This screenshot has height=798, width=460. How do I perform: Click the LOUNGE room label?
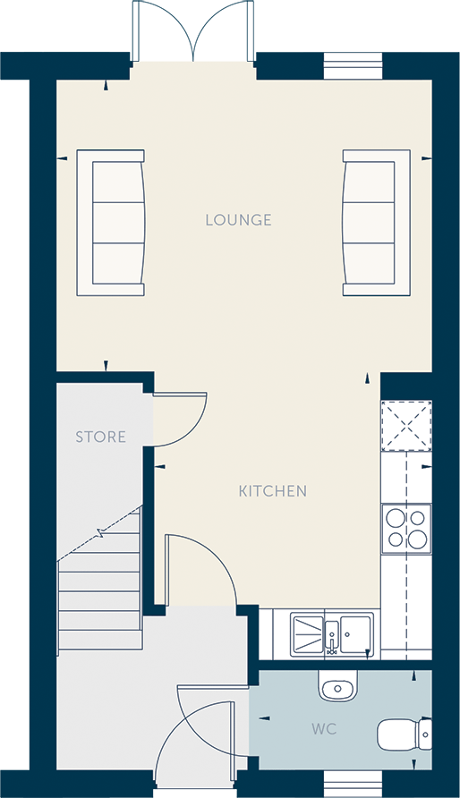tap(238, 220)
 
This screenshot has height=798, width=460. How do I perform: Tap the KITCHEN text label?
tap(273, 491)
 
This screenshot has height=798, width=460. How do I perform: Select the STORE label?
tap(100, 437)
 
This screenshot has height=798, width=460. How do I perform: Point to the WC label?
tap(324, 729)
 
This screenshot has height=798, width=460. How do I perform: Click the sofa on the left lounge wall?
tap(111, 223)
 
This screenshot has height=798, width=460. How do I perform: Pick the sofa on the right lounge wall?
tap(376, 223)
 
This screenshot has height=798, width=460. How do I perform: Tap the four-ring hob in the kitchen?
tap(406, 528)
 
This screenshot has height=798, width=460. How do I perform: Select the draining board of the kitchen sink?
tap(307, 633)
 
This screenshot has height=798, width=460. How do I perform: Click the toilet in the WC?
tap(405, 734)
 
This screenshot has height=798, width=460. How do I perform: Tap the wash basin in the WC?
tap(338, 686)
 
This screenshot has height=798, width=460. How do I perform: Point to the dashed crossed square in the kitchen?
tap(406, 426)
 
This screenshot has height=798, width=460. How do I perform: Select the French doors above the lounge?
tap(192, 31)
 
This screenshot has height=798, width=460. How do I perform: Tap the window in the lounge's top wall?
tap(353, 65)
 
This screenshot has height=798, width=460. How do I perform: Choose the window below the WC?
tap(353, 784)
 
